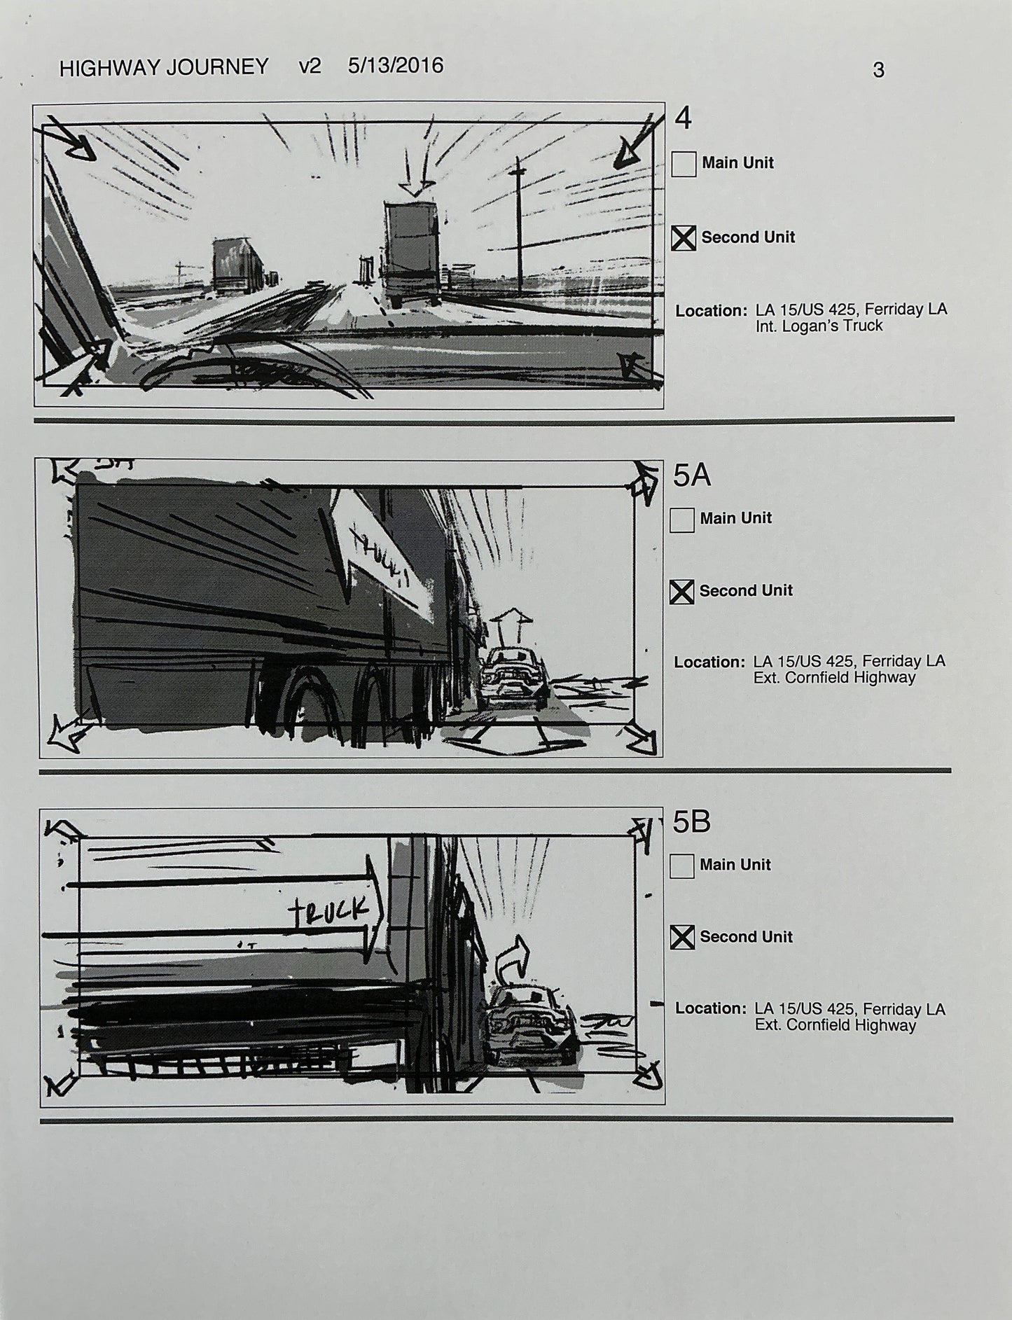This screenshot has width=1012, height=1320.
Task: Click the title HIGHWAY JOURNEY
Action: (164, 67)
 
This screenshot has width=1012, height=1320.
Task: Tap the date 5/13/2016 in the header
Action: (395, 66)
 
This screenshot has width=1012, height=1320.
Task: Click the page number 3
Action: (878, 70)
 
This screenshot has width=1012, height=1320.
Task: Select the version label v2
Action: (309, 67)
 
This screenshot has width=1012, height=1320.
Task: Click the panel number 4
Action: (683, 118)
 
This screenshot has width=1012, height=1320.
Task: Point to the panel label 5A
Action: (691, 476)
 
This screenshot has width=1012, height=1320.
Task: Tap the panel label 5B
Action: (691, 822)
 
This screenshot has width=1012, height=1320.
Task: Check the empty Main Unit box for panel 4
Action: (684, 165)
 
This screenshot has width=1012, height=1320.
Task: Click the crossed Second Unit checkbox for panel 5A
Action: (681, 592)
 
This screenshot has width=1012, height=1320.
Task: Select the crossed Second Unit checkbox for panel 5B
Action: (682, 938)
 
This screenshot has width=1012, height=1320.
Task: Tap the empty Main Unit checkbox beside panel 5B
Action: (681, 866)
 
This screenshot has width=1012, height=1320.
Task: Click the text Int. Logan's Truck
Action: (819, 326)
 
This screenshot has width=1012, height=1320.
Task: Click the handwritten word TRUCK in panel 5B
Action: (328, 910)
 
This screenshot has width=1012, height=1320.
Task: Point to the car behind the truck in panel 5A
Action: (515, 676)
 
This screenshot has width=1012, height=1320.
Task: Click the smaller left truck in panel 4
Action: (237, 267)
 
